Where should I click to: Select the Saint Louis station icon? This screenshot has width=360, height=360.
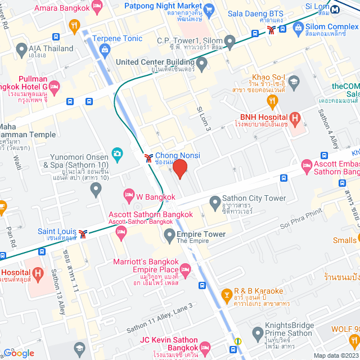(x=83, y=233)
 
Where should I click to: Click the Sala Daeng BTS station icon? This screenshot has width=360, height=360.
(x=272, y=30)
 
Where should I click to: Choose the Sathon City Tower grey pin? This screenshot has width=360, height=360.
(x=214, y=201)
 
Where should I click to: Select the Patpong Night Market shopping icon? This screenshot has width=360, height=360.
(x=209, y=8)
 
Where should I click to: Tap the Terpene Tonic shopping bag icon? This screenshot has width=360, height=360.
(x=105, y=49)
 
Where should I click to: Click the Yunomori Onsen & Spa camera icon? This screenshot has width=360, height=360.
(x=117, y=152)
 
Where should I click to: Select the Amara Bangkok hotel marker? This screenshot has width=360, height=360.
(x=96, y=8)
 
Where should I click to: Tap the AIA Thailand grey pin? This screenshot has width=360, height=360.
(x=21, y=48)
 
